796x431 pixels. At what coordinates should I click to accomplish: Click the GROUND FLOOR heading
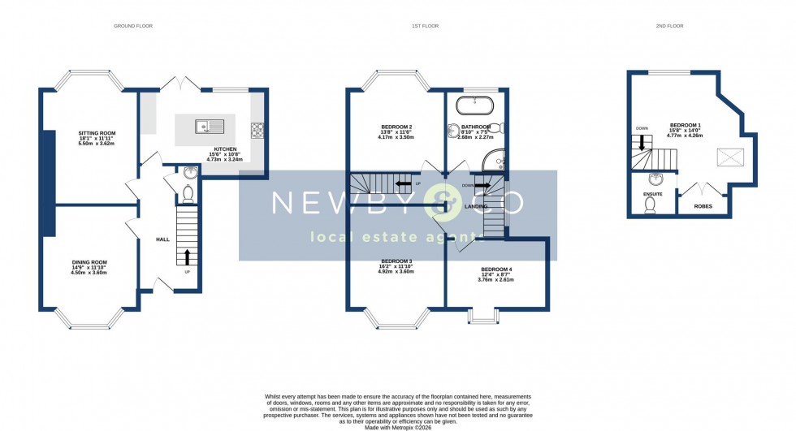click(x=133, y=26)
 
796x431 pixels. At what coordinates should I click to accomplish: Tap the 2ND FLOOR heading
click(x=669, y=26)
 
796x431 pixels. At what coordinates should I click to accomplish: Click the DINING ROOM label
click(x=89, y=262)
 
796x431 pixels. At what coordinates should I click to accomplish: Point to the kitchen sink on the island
click(x=210, y=126)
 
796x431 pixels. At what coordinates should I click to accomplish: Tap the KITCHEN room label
click(x=225, y=149)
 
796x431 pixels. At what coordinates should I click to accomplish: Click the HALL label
click(x=162, y=239)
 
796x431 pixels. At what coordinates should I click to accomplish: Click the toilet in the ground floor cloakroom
click(x=188, y=193)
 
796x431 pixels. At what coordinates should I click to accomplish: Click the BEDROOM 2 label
click(x=396, y=127)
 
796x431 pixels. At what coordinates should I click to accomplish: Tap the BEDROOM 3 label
click(x=396, y=261)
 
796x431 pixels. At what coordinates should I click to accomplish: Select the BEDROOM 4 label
click(x=495, y=269)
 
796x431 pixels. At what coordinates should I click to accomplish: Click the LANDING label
click(x=475, y=206)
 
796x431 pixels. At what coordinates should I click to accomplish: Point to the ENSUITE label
click(x=652, y=195)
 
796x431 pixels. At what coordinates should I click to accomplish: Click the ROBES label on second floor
click(x=703, y=206)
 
